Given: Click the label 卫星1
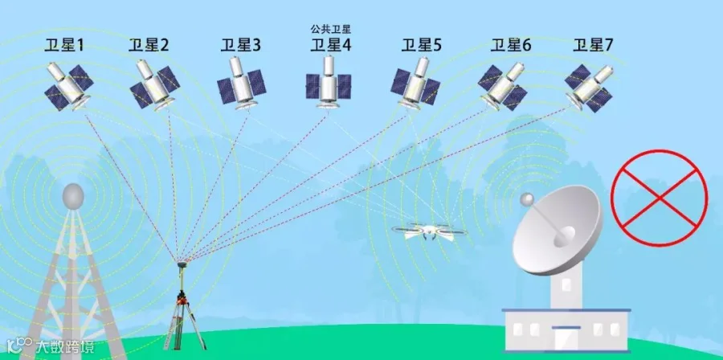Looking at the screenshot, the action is (65, 46).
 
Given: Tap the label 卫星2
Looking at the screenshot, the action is (149, 46).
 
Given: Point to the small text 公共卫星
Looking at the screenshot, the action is (331, 29).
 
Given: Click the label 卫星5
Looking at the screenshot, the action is (422, 46).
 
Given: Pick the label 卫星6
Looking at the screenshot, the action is (511, 46).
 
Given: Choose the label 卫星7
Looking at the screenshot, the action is (593, 46).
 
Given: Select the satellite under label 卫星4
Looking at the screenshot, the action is (328, 82).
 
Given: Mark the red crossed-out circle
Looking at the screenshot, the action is (659, 196).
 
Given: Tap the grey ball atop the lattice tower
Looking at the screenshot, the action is (73, 195).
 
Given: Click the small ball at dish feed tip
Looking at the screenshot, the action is (527, 198).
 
